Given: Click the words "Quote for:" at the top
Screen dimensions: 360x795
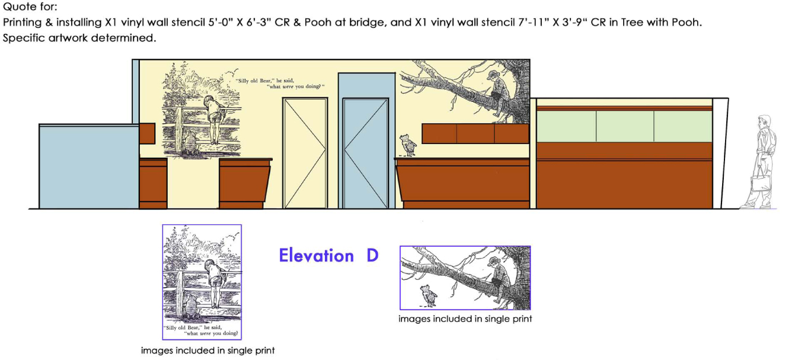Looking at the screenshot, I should point(29,8).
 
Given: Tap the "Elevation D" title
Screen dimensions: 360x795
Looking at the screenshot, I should point(328,256).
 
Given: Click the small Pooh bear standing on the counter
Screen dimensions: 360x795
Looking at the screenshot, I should point(407,145).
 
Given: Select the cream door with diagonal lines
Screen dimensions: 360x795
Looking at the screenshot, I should point(305,153).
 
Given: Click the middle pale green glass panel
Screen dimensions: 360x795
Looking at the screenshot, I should point(624,126).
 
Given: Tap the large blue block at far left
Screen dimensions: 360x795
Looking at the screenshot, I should point(88,167).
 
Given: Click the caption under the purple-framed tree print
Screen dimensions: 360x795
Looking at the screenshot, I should point(465,319).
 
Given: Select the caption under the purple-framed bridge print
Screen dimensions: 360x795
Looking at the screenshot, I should point(207,351).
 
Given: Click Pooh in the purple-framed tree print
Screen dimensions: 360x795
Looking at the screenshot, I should point(426,295).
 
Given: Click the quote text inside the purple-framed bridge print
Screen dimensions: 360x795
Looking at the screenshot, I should point(202,330).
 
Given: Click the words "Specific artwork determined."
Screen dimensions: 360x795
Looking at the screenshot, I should point(80,38).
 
